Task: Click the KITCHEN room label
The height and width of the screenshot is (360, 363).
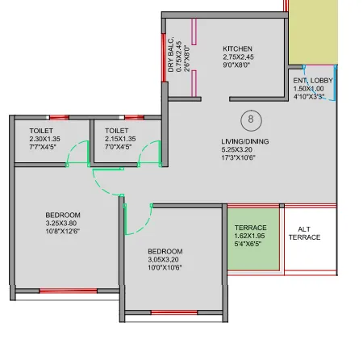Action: pyautogui.click(x=237, y=49)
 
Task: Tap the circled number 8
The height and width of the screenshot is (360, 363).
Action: pyautogui.click(x=252, y=119)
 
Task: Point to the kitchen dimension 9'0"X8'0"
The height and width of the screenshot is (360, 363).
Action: pyautogui.click(x=237, y=68)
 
